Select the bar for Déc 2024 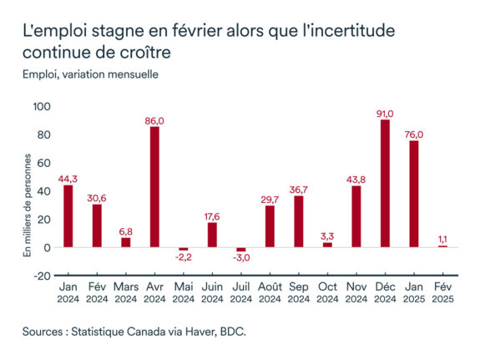click(x=385, y=184)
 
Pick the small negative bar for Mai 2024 click(x=184, y=249)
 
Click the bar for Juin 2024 click(x=212, y=235)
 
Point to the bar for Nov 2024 click(x=356, y=216)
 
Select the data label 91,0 click(x=385, y=111)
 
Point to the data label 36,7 click(x=299, y=187)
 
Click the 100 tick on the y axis click(x=42, y=106)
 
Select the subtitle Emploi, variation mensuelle click(x=90, y=73)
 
